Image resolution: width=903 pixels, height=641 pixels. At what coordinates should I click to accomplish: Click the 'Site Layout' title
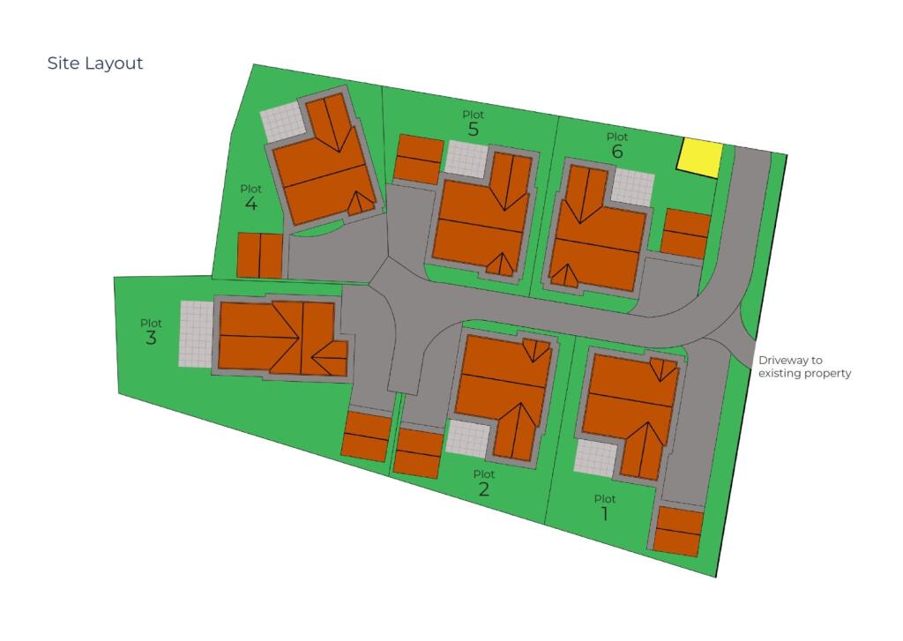pyautogui.click(x=95, y=63)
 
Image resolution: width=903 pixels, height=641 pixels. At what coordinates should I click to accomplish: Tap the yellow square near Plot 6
pyautogui.click(x=699, y=158)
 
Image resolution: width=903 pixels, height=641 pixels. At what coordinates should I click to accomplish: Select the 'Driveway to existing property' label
pyautogui.click(x=804, y=367)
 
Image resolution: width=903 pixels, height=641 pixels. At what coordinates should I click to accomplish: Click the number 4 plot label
pyautogui.click(x=251, y=204)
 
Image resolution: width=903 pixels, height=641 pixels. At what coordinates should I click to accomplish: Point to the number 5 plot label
pyautogui.click(x=474, y=130)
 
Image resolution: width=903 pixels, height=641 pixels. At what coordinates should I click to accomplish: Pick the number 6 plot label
pyautogui.click(x=616, y=152)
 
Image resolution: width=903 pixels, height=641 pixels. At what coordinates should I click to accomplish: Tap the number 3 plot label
pyautogui.click(x=151, y=338)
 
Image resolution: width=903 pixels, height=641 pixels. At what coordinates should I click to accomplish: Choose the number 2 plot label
pyautogui.click(x=483, y=489)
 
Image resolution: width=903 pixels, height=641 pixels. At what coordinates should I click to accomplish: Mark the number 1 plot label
pyautogui.click(x=604, y=513)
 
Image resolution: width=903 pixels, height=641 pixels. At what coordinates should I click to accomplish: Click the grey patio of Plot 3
pyautogui.click(x=196, y=334)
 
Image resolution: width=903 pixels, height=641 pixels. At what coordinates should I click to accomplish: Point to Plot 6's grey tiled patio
pyautogui.click(x=633, y=186)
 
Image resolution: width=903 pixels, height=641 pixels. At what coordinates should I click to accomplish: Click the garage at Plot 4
pyautogui.click(x=260, y=256)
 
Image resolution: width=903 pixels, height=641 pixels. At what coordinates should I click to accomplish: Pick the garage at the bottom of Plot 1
pyautogui.click(x=678, y=531)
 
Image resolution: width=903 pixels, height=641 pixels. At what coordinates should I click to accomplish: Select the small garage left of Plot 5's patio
pyautogui.click(x=419, y=159)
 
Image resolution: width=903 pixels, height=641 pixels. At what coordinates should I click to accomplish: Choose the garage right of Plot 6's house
pyautogui.click(x=686, y=234)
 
